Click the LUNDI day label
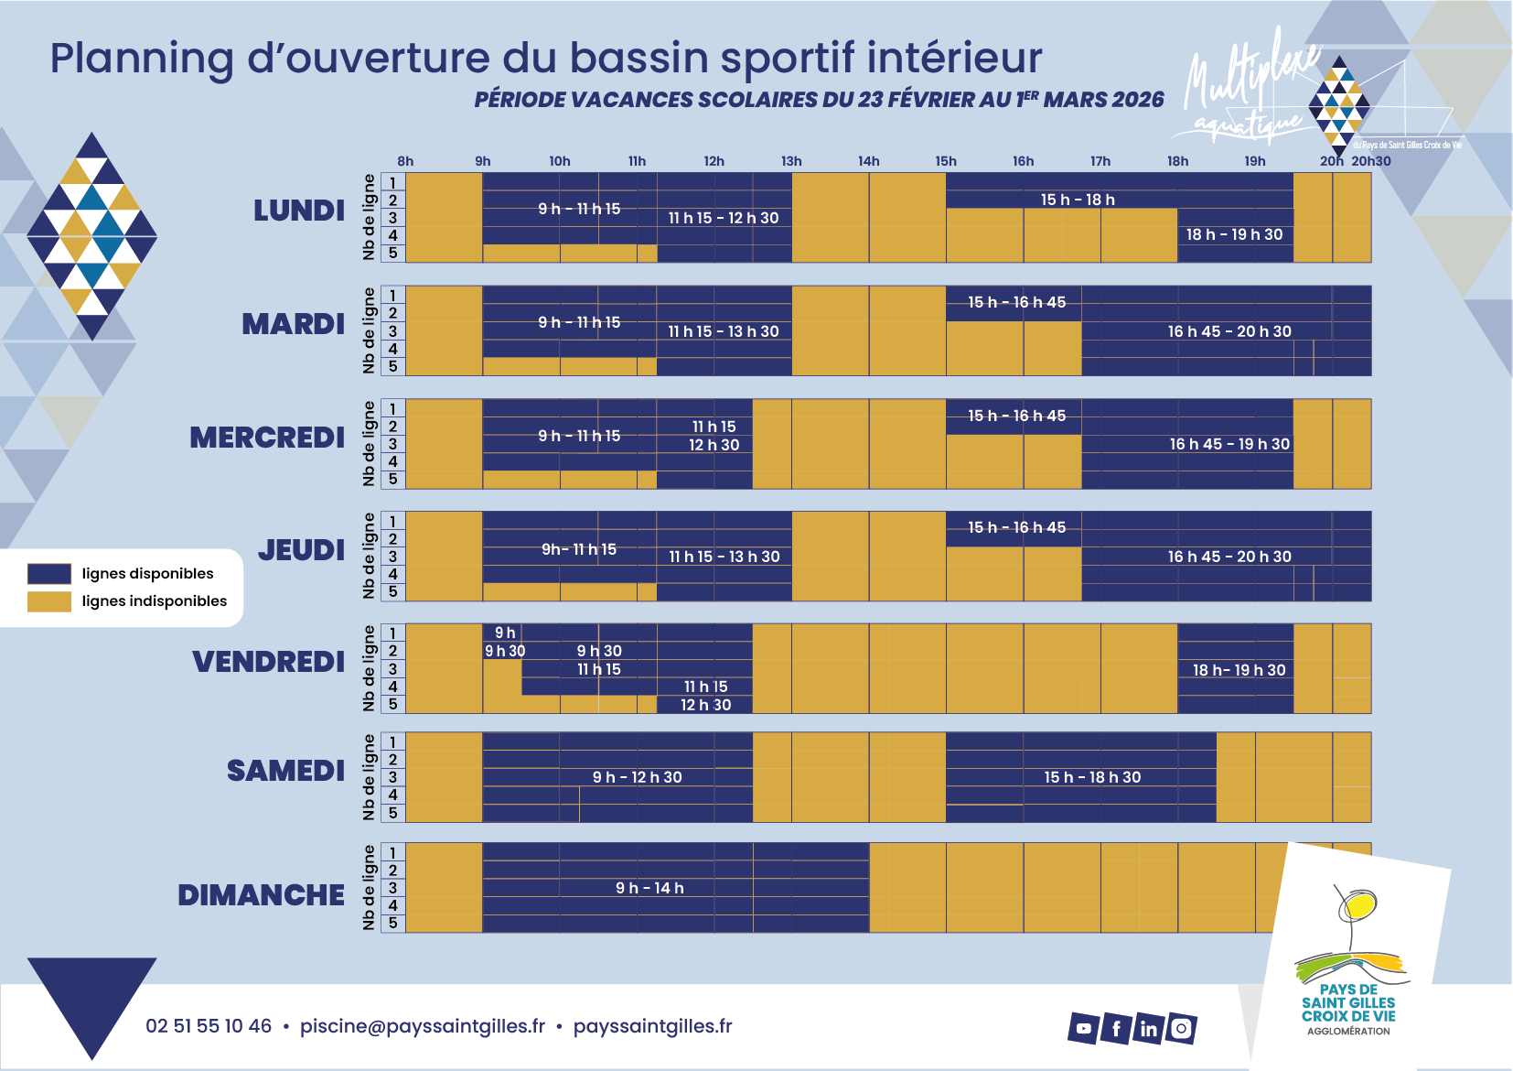tap(299, 211)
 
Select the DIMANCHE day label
tap(261, 895)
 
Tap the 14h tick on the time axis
tap(868, 161)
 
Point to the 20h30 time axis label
tap(1371, 161)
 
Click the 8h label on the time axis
tap(405, 161)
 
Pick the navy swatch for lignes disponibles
tap(49, 574)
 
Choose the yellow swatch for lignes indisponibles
tap(49, 601)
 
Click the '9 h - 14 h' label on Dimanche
tap(649, 888)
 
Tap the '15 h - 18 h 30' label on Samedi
tap(1092, 777)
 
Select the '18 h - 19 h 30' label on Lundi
tap(1234, 234)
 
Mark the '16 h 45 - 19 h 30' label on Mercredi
tap(1229, 444)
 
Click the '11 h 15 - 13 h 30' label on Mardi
tap(724, 331)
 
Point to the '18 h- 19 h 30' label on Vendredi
tap(1239, 670)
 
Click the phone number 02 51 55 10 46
tap(209, 1026)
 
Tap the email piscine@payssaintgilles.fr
tap(423, 1026)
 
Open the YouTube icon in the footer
tap(1083, 1028)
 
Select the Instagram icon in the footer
tap(1181, 1029)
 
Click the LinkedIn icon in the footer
tap(1148, 1029)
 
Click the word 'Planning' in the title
tap(142, 58)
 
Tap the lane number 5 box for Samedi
tap(393, 813)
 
